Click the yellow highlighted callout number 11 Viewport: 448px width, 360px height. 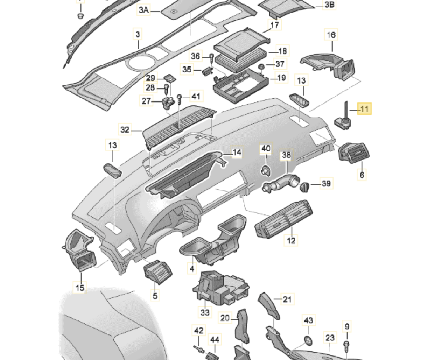[x=364, y=109]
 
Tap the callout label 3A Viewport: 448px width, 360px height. [x=143, y=10]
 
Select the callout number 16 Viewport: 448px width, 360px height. [x=331, y=35]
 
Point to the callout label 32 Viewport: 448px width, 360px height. [x=125, y=130]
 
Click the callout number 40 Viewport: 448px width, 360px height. [x=266, y=149]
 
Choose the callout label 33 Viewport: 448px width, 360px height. [x=205, y=311]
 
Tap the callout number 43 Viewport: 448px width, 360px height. [x=308, y=320]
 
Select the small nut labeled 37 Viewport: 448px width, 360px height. [x=261, y=66]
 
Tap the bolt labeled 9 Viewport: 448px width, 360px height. [x=346, y=344]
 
